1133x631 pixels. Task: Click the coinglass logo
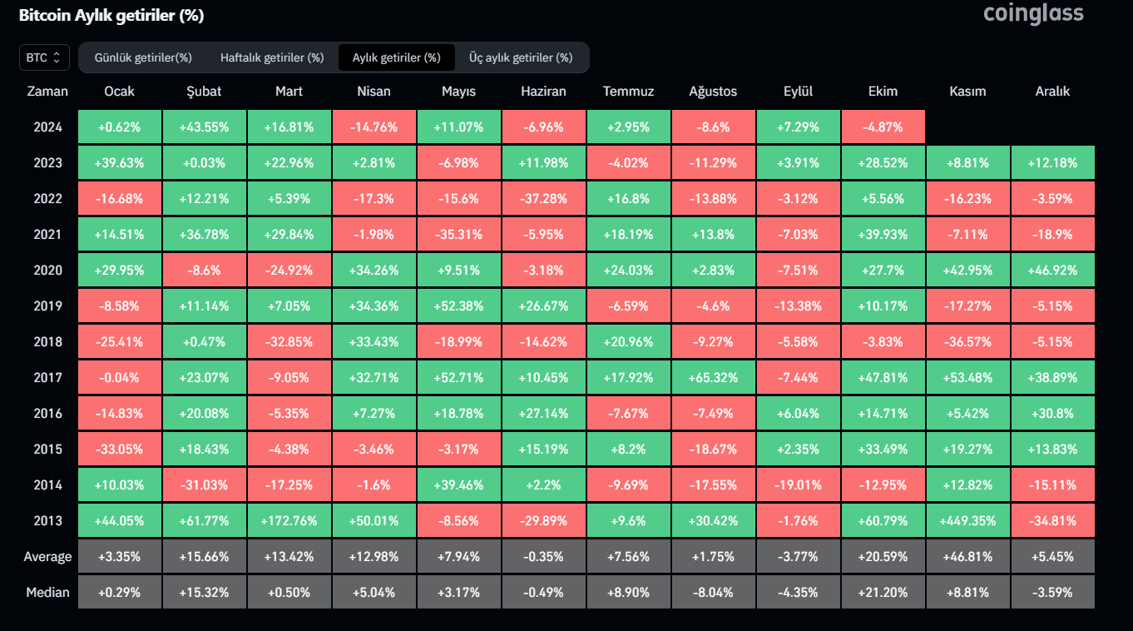tap(1033, 13)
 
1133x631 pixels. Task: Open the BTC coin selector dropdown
tap(44, 57)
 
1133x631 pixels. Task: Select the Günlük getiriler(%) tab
tap(143, 57)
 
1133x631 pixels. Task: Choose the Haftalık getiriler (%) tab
tap(272, 57)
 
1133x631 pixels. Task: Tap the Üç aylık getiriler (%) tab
tap(521, 57)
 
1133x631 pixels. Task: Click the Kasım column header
tap(967, 92)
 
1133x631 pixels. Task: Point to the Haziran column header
tap(543, 92)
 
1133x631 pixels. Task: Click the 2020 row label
tap(47, 271)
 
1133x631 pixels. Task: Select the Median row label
tap(47, 593)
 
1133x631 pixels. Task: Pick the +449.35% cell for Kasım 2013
tap(967, 521)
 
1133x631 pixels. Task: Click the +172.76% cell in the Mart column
tap(289, 521)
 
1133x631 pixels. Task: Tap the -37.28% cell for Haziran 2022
tap(543, 199)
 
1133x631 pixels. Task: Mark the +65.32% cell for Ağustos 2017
tap(713, 378)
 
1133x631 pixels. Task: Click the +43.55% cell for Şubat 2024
tap(204, 127)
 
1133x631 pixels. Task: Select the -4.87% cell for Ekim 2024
tap(883, 127)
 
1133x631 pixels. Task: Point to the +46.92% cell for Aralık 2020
tap(1052, 271)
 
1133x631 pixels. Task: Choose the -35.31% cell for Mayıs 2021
tap(458, 235)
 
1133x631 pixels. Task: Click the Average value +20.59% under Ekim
tap(883, 557)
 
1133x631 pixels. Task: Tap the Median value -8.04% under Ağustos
tap(713, 593)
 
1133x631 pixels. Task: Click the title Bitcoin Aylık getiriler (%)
tap(111, 16)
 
